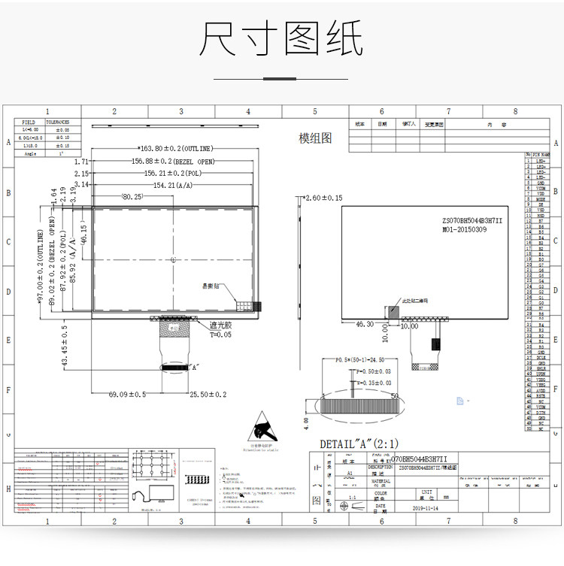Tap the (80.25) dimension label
[x=132, y=196]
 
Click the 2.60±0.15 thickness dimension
[x=323, y=198]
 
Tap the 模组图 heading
[x=315, y=138]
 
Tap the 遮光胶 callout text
[x=220, y=325]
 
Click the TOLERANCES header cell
[x=58, y=121]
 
